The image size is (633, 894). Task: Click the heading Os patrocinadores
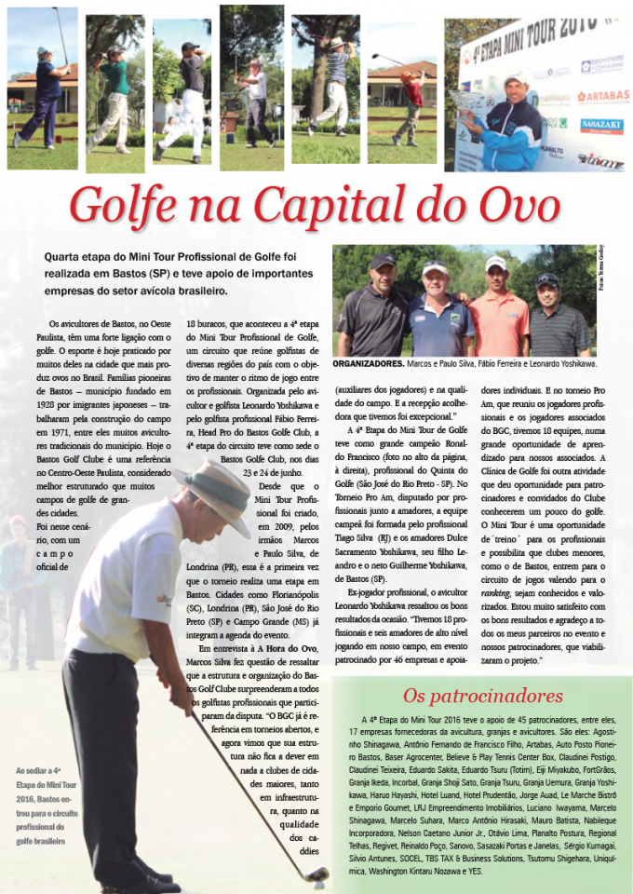pyautogui.click(x=482, y=695)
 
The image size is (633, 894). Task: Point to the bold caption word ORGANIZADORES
pyautogui.click(x=368, y=364)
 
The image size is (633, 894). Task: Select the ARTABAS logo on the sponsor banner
pyautogui.click(x=602, y=96)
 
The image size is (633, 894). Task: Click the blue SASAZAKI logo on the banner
pyautogui.click(x=601, y=125)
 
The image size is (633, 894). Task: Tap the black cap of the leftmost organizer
pyautogui.click(x=383, y=262)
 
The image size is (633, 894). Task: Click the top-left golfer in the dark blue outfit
pyautogui.click(x=44, y=93)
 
